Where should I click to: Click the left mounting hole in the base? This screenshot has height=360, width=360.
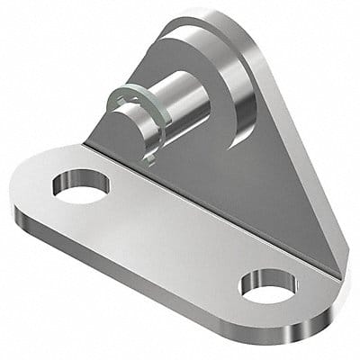click(x=81, y=187)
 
